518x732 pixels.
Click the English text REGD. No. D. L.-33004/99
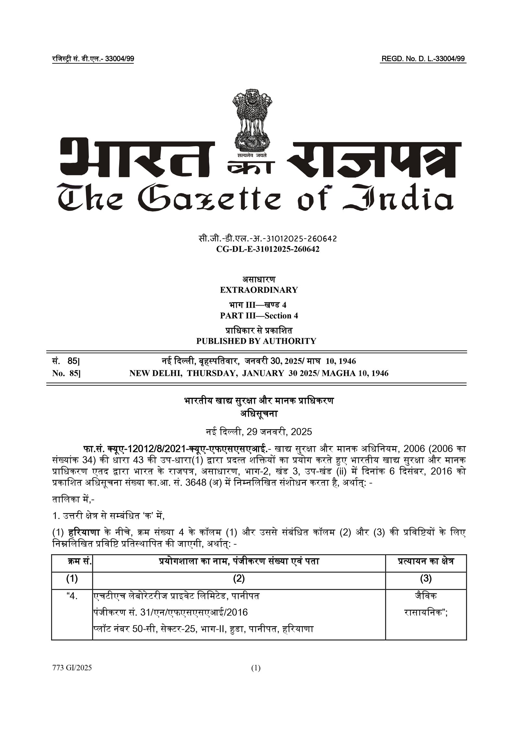[x=423, y=59]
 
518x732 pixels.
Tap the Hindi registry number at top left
[x=93, y=59]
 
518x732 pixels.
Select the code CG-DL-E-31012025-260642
[x=259, y=249]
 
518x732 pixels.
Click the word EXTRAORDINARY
[x=259, y=290]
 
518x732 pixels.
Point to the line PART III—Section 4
[x=259, y=316]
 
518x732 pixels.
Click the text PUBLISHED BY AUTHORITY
[x=256, y=341]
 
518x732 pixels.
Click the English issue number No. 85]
[x=66, y=373]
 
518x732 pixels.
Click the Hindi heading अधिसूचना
[x=259, y=414]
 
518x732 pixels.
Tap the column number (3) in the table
[x=426, y=579]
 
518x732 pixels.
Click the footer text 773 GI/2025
[x=72, y=668]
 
